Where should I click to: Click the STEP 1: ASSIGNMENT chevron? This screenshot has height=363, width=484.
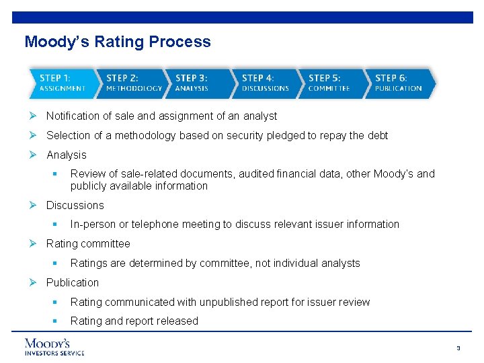62,83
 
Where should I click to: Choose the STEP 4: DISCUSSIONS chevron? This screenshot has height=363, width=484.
265,83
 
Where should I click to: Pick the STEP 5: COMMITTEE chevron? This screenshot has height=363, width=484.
330,83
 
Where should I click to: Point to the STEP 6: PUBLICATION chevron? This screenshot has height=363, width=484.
398,83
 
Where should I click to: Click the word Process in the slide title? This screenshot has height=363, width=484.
180,42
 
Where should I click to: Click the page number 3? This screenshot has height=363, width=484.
458,348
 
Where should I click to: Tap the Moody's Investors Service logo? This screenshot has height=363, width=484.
54,346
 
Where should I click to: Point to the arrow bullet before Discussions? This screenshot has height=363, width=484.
34,205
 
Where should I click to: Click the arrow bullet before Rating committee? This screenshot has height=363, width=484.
34,243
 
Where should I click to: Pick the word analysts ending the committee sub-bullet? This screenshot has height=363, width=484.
340,264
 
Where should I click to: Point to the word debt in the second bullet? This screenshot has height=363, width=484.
378,136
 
